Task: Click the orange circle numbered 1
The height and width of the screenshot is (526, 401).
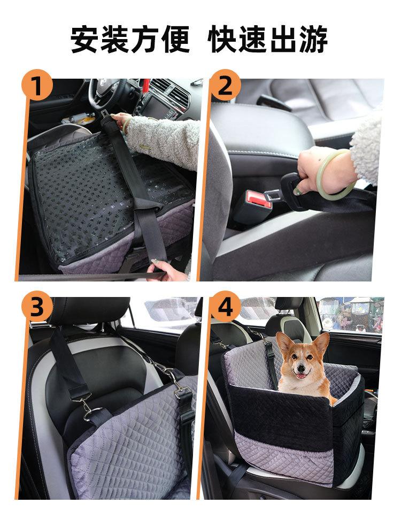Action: coord(37,85)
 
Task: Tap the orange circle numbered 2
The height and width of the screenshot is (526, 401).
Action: coord(225,85)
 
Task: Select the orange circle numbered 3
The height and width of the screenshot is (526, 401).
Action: coord(37,307)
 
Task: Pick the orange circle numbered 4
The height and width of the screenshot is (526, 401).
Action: coord(225,307)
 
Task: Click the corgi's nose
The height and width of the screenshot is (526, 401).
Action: coord(302,368)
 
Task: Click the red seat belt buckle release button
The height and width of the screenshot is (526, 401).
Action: coord(258,199)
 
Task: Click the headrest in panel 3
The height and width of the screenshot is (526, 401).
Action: coord(89,311)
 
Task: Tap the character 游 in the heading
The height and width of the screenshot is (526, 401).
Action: coord(313,39)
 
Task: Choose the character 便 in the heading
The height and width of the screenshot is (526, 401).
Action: coord(175,39)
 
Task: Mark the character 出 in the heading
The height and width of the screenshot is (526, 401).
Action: coord(283,39)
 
